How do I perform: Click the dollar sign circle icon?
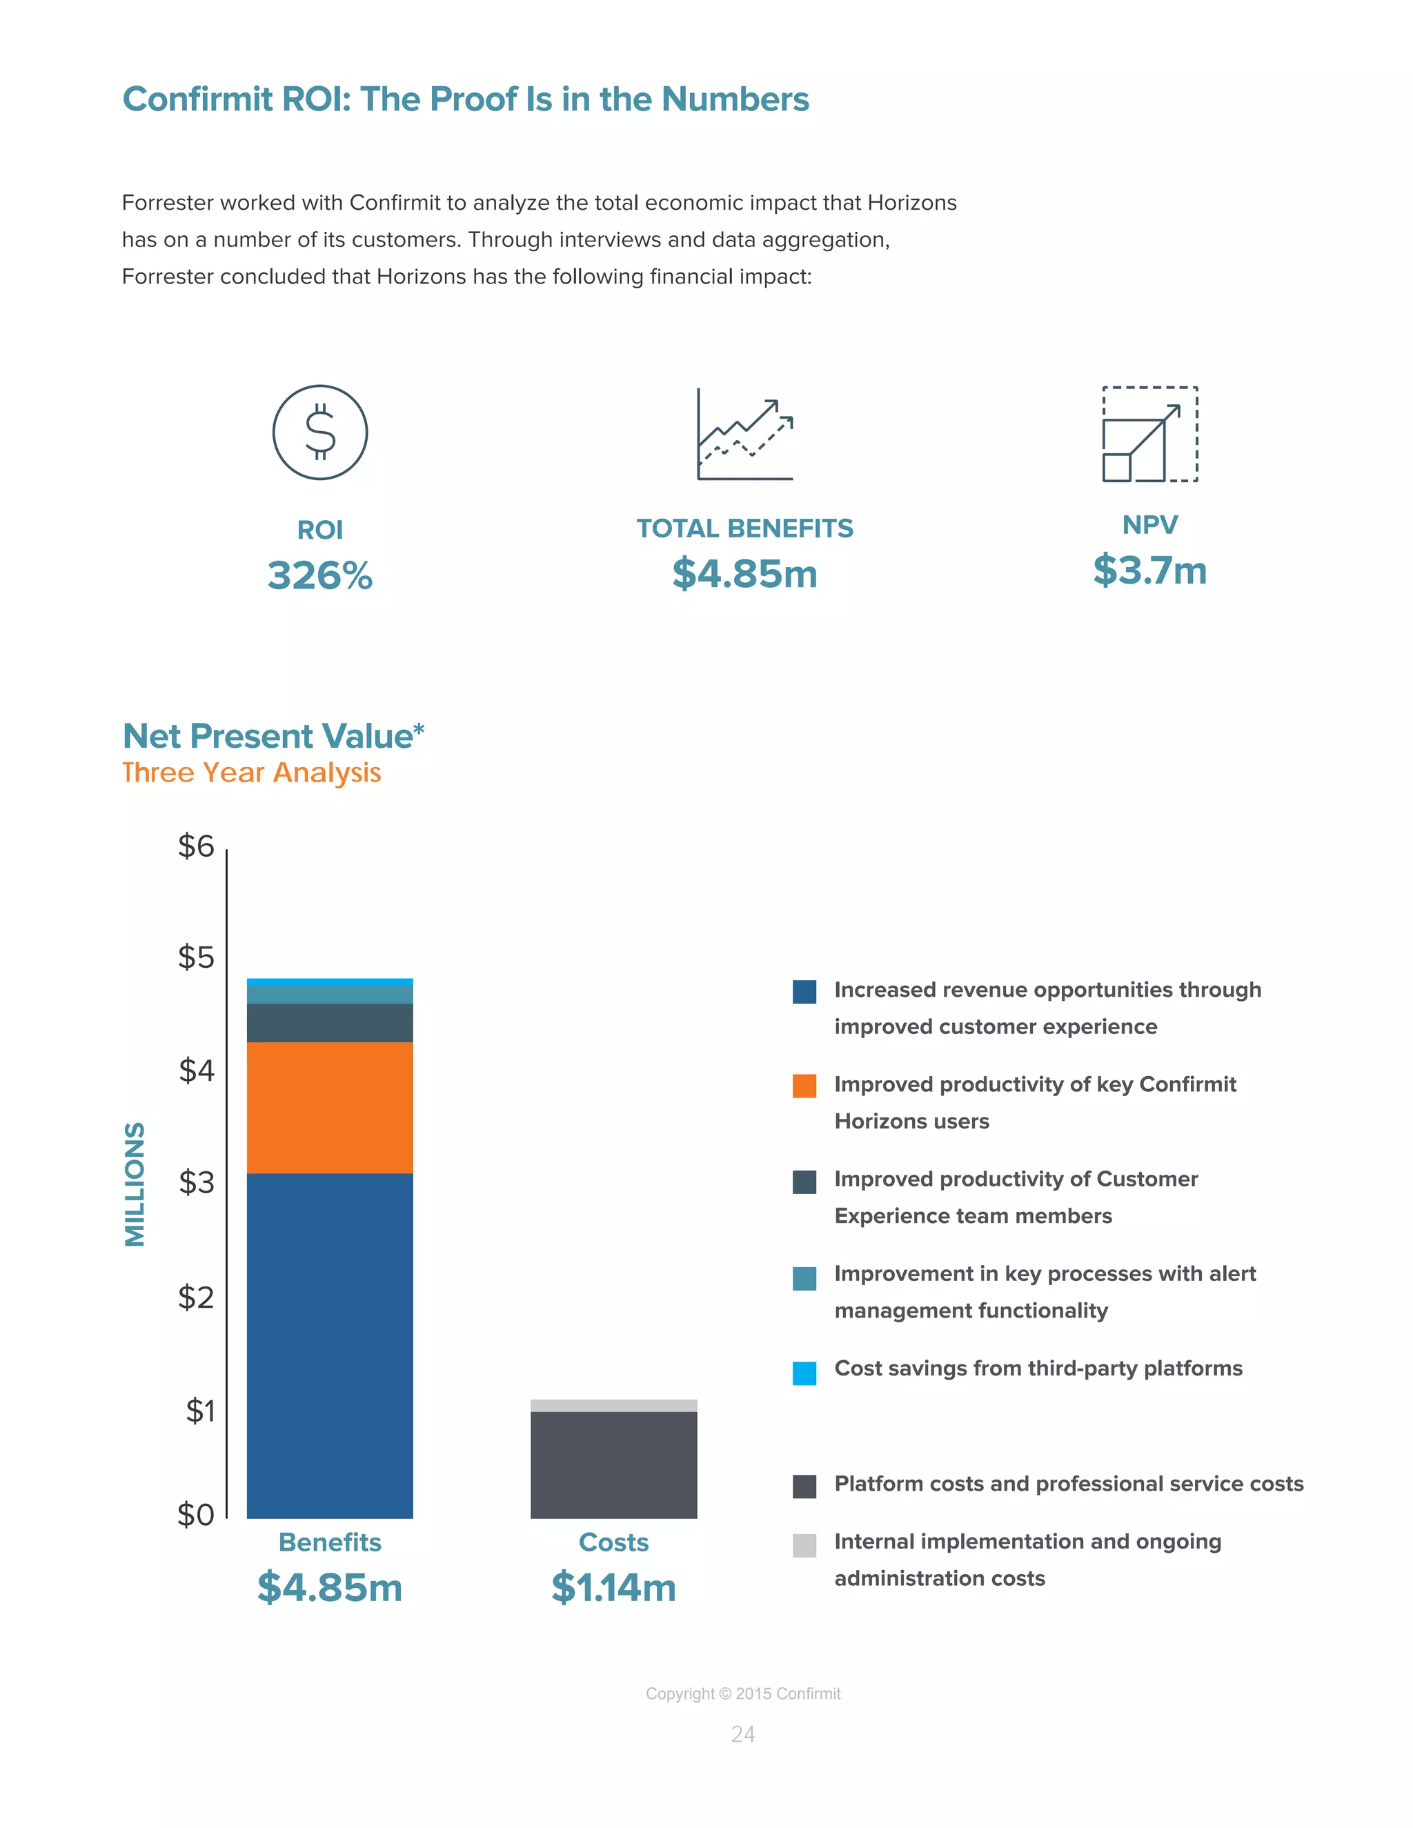tap(319, 432)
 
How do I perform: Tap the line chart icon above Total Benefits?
tap(744, 434)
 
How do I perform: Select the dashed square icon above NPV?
tap(1149, 434)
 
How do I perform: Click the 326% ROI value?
tap(319, 576)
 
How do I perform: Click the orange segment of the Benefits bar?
tap(330, 1106)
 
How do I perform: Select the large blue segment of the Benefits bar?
tap(330, 1345)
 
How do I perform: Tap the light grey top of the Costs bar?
tap(613, 1405)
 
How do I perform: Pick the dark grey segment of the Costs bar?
tap(613, 1464)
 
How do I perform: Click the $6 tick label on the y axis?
tap(196, 846)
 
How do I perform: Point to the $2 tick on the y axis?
tap(196, 1298)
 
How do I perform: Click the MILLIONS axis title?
tap(135, 1184)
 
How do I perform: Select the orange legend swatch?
tap(804, 1086)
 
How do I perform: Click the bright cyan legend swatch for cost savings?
tap(804, 1373)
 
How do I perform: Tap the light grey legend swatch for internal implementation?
tap(804, 1545)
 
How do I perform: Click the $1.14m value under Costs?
tap(613, 1588)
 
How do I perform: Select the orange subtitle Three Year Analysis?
tap(251, 772)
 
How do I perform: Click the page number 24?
tap(742, 1734)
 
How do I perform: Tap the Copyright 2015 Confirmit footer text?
tap(742, 1693)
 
